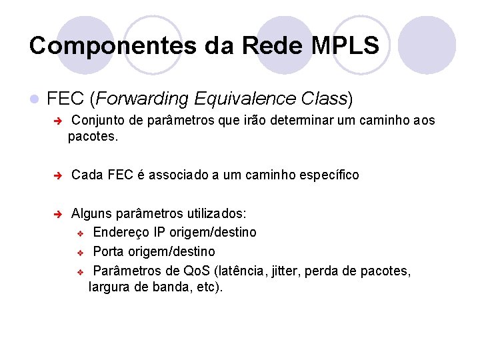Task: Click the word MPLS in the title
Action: click(x=345, y=45)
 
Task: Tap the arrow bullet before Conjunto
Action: click(x=58, y=121)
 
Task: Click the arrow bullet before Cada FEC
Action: click(x=58, y=175)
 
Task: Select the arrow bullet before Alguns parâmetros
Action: click(x=58, y=214)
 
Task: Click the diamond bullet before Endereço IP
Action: click(x=79, y=233)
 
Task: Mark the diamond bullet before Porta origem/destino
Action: click(x=79, y=252)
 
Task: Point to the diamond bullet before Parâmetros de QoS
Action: click(x=79, y=271)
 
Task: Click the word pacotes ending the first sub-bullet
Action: click(x=91, y=137)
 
